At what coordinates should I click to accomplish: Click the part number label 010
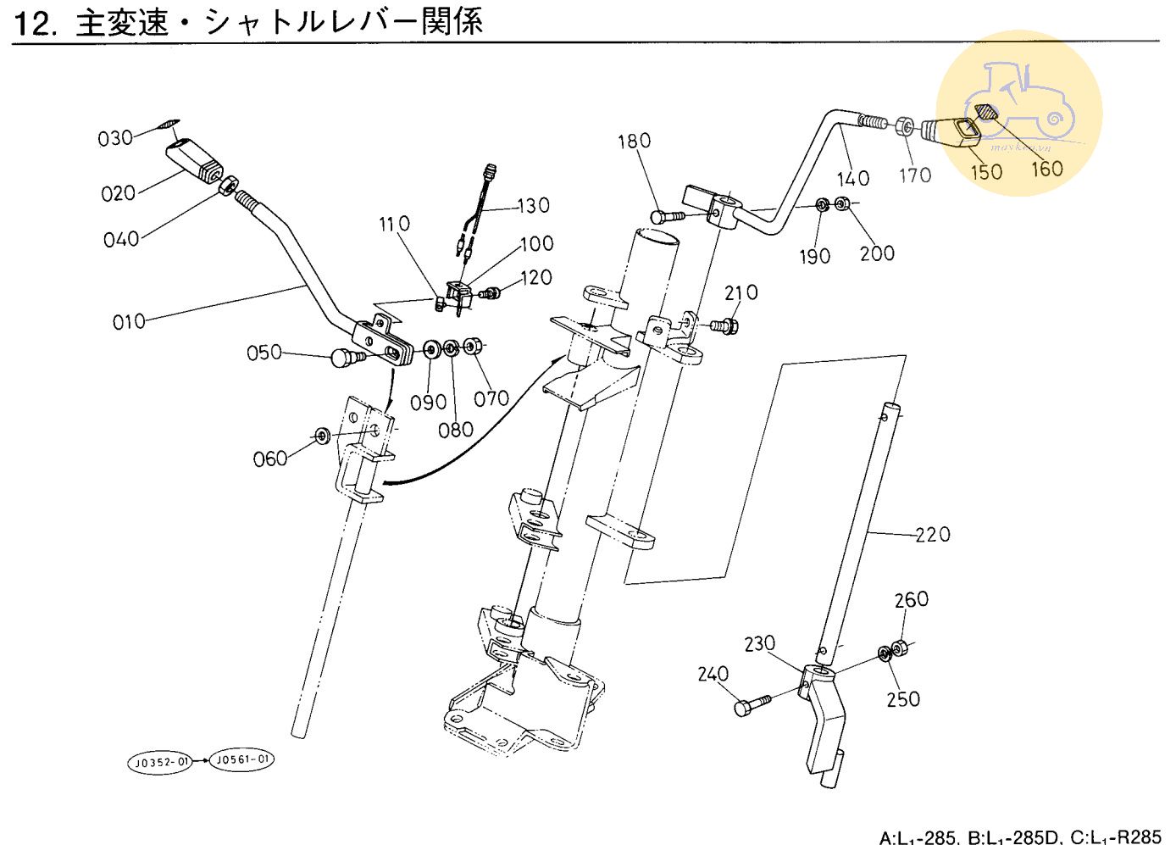coord(129,322)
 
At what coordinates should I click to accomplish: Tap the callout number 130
coord(534,206)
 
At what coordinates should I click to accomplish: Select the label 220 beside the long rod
coord(933,535)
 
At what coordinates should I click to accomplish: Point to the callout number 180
coord(634,142)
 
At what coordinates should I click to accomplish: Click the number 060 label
coord(270,459)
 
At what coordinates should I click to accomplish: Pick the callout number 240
coord(713,674)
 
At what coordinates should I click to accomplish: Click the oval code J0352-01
coord(161,763)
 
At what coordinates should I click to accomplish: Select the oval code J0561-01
coord(242,759)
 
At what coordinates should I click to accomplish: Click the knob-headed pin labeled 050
coord(346,358)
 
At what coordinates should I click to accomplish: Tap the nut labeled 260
coord(901,649)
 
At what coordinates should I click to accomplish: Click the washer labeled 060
coord(323,436)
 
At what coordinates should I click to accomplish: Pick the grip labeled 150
coord(953,131)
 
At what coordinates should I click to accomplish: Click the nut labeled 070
coord(474,347)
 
